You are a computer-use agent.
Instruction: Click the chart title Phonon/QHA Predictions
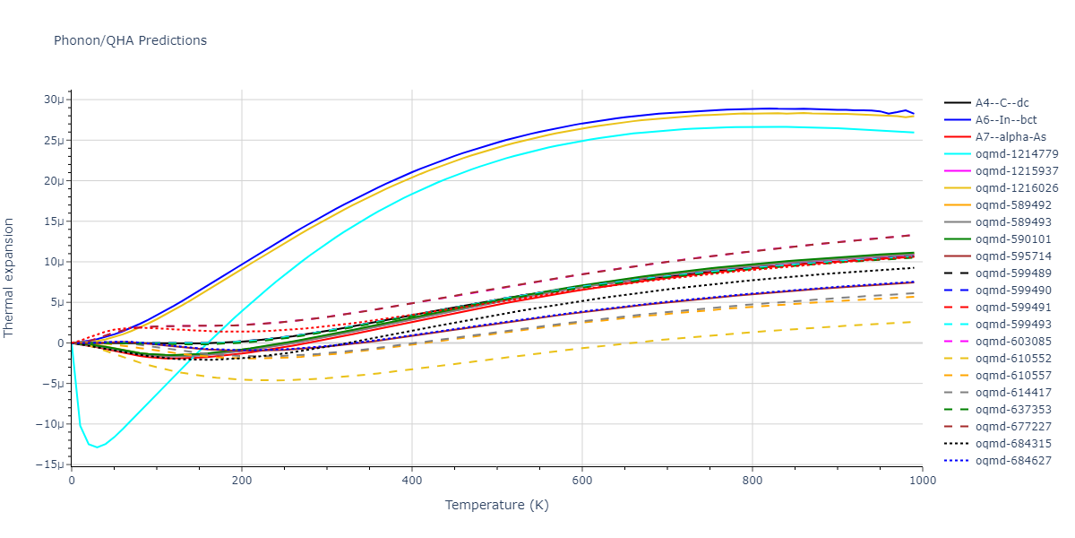click(130, 40)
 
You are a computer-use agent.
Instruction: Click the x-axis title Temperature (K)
click(496, 505)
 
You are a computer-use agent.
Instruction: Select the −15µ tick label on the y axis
click(52, 464)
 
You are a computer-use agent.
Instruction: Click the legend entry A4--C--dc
click(1002, 103)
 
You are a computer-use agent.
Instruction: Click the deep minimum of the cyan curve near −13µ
click(97, 447)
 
